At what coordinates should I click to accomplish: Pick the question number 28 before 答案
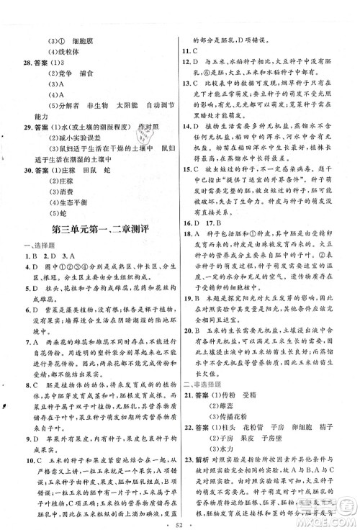27,63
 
